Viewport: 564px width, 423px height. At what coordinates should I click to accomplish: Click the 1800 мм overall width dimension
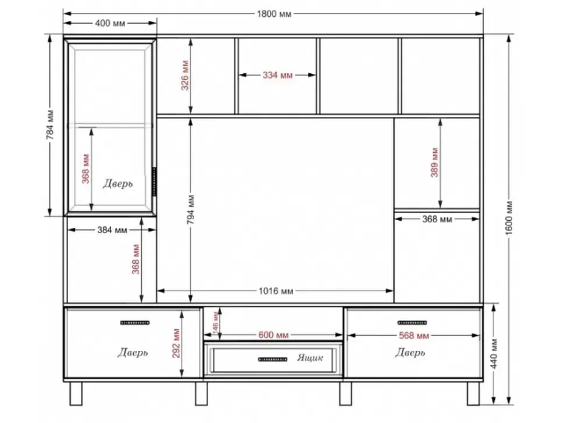pos(274,14)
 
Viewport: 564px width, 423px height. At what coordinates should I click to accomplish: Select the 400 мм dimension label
pos(110,23)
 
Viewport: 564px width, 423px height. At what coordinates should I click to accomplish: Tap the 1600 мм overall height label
pos(509,218)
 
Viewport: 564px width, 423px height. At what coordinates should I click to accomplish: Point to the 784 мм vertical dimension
pos(50,124)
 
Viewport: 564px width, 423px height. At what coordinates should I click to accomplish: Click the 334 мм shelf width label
pos(277,75)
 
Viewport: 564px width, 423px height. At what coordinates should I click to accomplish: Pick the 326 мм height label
pos(185,76)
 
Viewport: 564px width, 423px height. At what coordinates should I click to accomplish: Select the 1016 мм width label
pos(276,291)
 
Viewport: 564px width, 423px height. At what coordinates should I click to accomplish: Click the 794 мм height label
pos(191,210)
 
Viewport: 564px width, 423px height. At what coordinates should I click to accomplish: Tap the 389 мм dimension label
pos(434,163)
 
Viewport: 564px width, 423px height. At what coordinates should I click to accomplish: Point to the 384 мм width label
pos(112,230)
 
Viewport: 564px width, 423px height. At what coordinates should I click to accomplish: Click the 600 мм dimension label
pos(273,335)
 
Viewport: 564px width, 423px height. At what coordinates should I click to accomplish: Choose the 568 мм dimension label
pos(414,336)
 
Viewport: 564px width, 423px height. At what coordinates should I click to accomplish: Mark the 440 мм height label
pos(494,354)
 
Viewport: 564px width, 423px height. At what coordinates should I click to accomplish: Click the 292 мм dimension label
pos(176,343)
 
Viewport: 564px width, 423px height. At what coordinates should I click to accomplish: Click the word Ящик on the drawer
pos(310,357)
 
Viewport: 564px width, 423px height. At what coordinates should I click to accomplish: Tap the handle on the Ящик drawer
pos(273,359)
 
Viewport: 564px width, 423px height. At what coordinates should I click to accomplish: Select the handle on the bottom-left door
pos(135,322)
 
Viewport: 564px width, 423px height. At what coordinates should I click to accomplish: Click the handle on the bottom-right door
pos(412,322)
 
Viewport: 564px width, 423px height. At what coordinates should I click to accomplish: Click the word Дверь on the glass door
pos(117,184)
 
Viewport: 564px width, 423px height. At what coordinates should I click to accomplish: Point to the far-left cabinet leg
pos(76,393)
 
